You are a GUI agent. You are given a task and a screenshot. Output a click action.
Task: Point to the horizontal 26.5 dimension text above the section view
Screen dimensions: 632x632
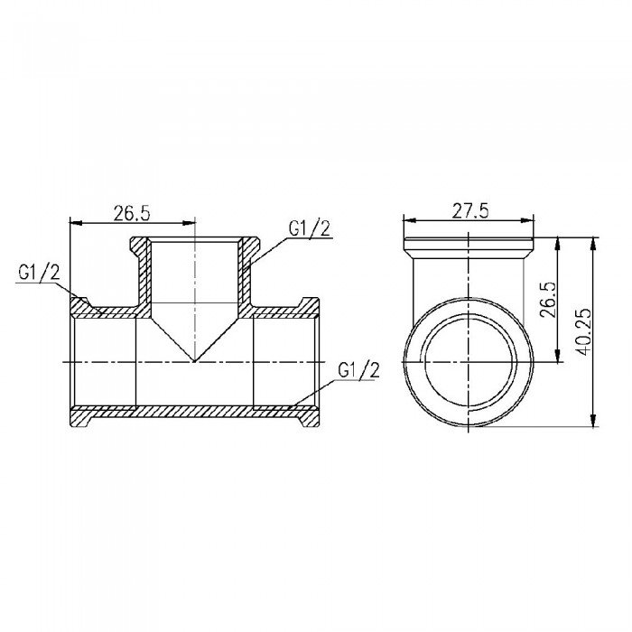131,213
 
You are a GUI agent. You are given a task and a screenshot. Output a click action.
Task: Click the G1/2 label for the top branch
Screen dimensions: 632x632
309,229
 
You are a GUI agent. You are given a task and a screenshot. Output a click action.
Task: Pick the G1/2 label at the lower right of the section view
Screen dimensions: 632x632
355,369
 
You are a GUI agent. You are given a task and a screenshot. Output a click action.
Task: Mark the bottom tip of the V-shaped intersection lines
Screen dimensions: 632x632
195,360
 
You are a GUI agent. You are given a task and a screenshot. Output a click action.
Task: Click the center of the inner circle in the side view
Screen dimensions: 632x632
469,360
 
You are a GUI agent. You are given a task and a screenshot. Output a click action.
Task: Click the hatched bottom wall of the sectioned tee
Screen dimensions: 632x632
195,412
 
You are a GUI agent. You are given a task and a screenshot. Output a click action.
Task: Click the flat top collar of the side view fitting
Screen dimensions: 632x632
469,245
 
